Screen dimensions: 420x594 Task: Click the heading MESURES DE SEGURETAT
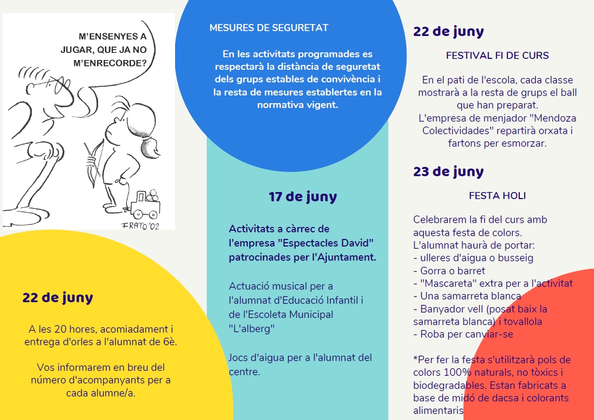click(x=269, y=28)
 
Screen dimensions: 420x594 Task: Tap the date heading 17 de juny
click(x=303, y=197)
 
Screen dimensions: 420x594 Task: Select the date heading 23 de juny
click(x=448, y=172)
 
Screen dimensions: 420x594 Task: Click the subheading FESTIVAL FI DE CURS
click(x=497, y=56)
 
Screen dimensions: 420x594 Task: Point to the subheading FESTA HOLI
click(x=497, y=195)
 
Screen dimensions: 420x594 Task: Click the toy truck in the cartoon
click(x=145, y=203)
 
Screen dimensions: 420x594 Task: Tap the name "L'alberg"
click(x=251, y=329)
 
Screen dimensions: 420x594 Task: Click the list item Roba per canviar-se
click(x=463, y=334)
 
